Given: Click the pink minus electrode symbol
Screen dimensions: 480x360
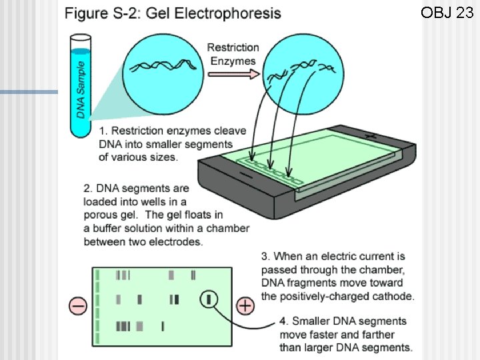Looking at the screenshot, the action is (x=78, y=305).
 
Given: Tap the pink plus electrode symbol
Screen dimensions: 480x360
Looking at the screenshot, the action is (x=245, y=305).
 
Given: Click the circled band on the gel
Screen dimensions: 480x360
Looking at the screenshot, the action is (x=209, y=299).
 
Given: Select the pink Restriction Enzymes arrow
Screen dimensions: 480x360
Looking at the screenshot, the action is (x=233, y=74).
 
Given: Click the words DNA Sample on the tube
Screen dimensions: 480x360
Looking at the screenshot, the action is (x=81, y=90).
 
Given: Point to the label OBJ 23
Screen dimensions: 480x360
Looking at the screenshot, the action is (x=447, y=13).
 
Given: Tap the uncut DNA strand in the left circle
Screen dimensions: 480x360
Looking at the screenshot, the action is (x=163, y=65).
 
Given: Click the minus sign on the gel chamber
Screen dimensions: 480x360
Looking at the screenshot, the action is (x=246, y=175).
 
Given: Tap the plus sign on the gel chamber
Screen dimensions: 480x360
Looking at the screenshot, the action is (x=371, y=135).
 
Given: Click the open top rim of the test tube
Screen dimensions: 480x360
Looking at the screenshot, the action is (x=81, y=38).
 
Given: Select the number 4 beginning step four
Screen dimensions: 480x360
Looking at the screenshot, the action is (x=283, y=321).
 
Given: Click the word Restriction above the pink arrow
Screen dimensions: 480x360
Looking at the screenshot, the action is (x=233, y=47).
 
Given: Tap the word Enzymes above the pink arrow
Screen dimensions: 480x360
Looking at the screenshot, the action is (x=233, y=61).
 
